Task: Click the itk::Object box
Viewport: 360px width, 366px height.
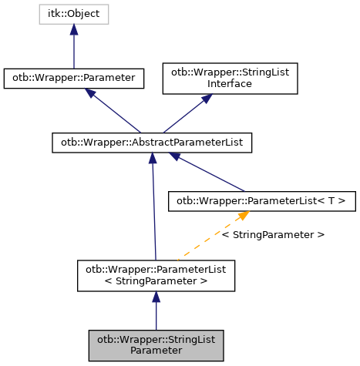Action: tap(74, 13)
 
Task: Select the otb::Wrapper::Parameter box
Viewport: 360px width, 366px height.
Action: tap(74, 78)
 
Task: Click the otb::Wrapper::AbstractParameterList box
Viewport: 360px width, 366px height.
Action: tap(153, 143)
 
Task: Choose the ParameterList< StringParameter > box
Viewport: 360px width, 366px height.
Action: tap(156, 275)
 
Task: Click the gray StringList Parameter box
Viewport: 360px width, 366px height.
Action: tap(156, 344)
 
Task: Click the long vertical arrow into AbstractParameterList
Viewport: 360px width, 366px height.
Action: tap(154, 208)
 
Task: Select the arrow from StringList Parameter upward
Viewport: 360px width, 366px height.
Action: tap(156, 312)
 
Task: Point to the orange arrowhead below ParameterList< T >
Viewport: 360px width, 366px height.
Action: tap(242, 216)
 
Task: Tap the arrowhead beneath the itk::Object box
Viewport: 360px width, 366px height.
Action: tap(74, 29)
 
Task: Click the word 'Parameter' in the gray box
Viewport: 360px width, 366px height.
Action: tap(156, 351)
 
